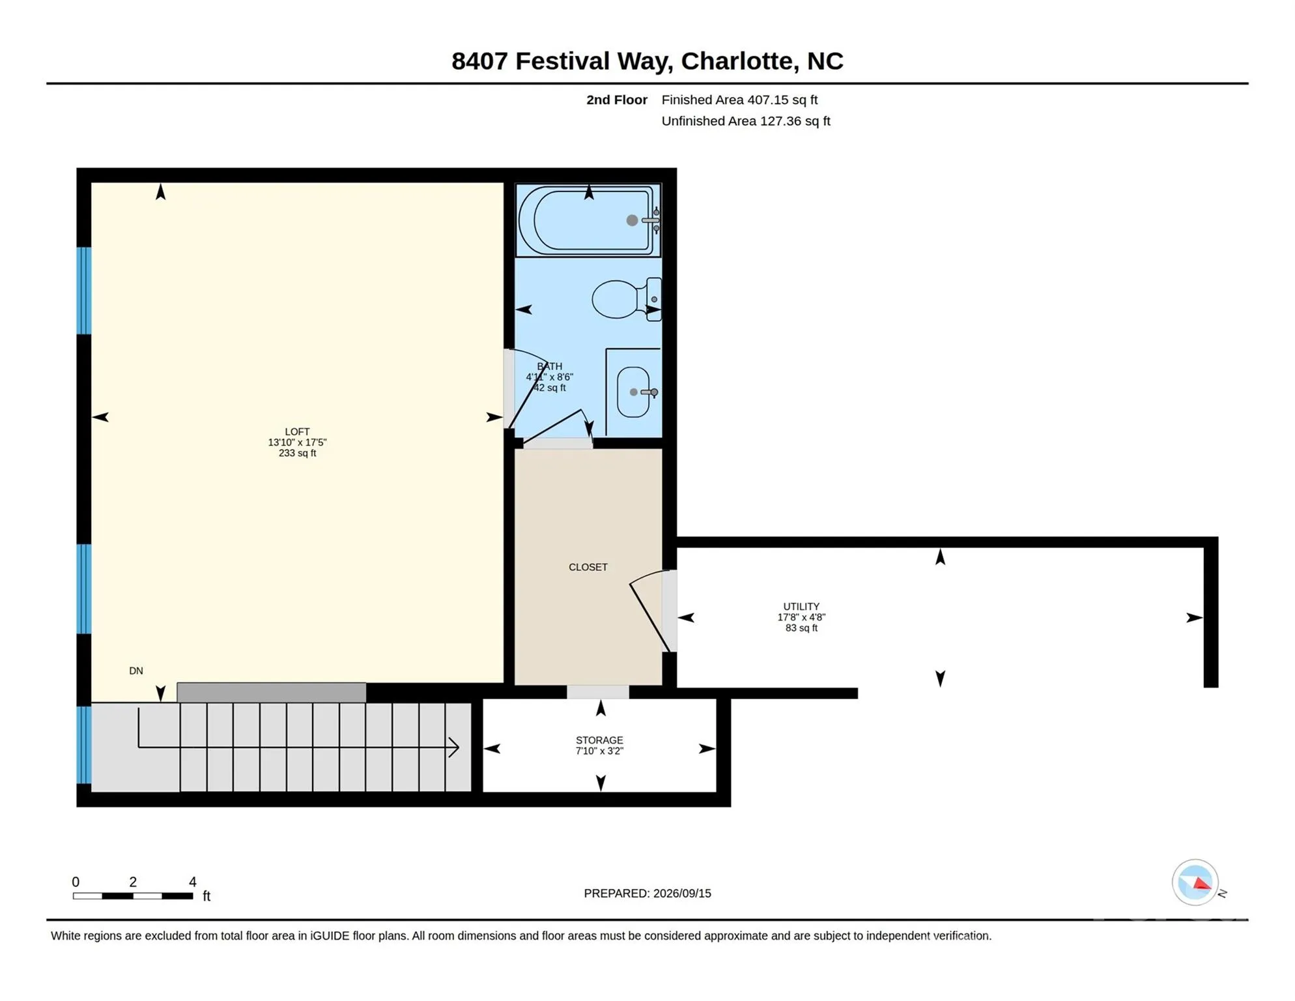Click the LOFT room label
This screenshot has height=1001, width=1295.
click(x=297, y=431)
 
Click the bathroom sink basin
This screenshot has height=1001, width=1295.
click(x=633, y=392)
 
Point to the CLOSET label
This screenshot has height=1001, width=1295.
click(x=588, y=567)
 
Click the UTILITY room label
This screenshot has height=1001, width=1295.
click(x=801, y=606)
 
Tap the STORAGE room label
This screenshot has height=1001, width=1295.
click(x=599, y=740)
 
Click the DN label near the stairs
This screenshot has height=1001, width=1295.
click(x=136, y=671)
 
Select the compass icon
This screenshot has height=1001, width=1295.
click(x=1195, y=882)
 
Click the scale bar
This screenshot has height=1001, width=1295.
click(x=133, y=896)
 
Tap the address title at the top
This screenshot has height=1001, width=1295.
click(x=647, y=61)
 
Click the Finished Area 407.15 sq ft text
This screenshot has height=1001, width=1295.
click(x=739, y=100)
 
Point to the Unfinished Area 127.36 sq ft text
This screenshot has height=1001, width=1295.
click(x=746, y=121)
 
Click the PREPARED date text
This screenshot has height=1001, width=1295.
click(x=647, y=893)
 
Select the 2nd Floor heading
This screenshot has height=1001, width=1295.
click(x=616, y=100)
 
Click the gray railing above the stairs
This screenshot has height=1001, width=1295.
click(x=272, y=692)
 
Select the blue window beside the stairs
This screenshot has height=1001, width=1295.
click(x=84, y=745)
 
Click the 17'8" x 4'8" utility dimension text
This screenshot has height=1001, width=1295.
click(x=801, y=617)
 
